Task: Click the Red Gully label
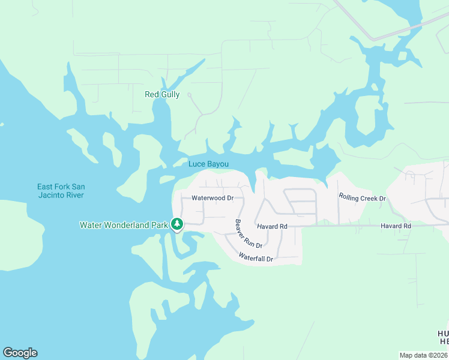click(x=162, y=94)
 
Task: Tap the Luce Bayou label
click(x=208, y=164)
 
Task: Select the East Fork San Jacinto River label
click(x=60, y=191)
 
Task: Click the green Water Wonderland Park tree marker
click(x=176, y=224)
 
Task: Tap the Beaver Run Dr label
click(x=249, y=233)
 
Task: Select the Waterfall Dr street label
click(x=256, y=257)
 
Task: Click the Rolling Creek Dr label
click(x=362, y=197)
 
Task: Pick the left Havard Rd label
click(x=272, y=226)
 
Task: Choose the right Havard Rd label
click(x=396, y=226)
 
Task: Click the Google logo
click(x=20, y=353)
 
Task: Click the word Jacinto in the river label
click(x=52, y=195)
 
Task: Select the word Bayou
click(x=218, y=164)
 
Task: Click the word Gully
click(x=170, y=94)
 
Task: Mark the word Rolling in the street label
click(x=349, y=196)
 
